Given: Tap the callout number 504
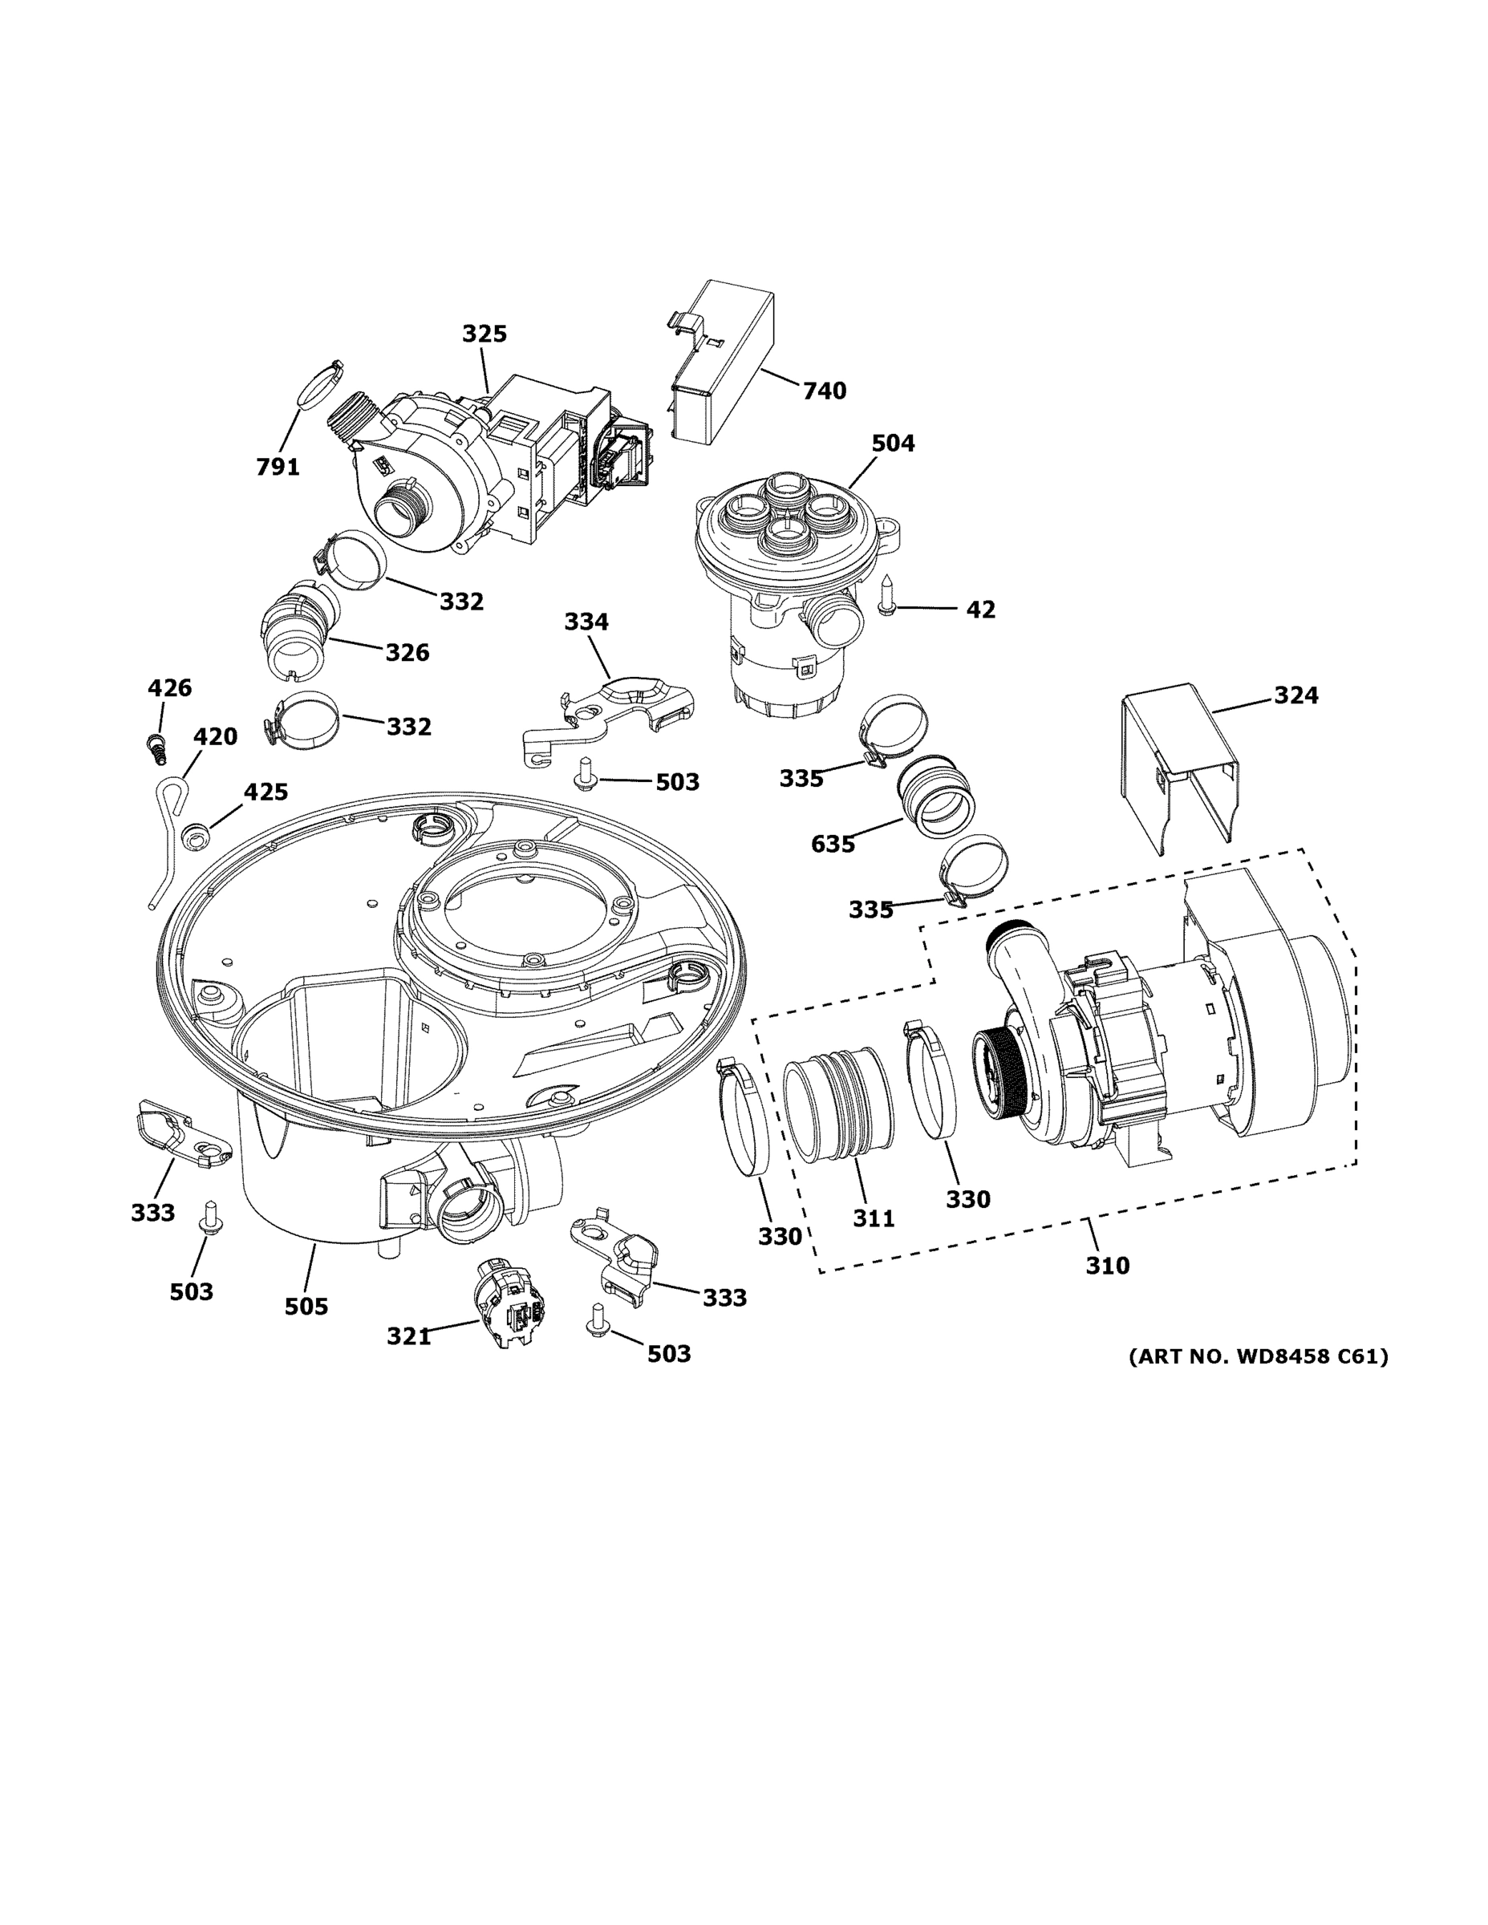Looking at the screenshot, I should tap(893, 444).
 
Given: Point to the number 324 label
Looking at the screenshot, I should tap(1295, 695).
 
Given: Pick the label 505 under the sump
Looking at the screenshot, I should tap(306, 1307).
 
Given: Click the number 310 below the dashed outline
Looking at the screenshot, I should tap(1107, 1266).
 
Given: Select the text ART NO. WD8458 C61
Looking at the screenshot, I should tap(1259, 1356).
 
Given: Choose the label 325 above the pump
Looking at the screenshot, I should tap(484, 334).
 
